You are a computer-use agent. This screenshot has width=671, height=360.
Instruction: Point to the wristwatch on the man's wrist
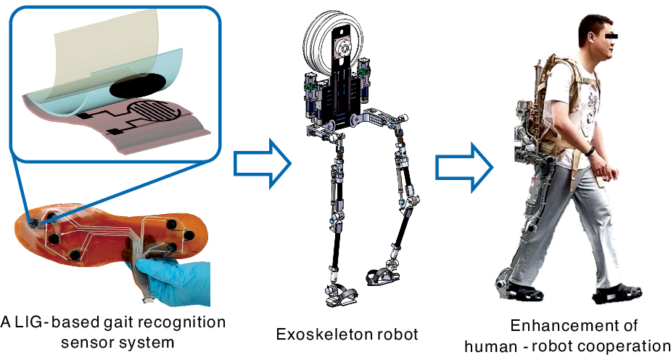click(x=590, y=151)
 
